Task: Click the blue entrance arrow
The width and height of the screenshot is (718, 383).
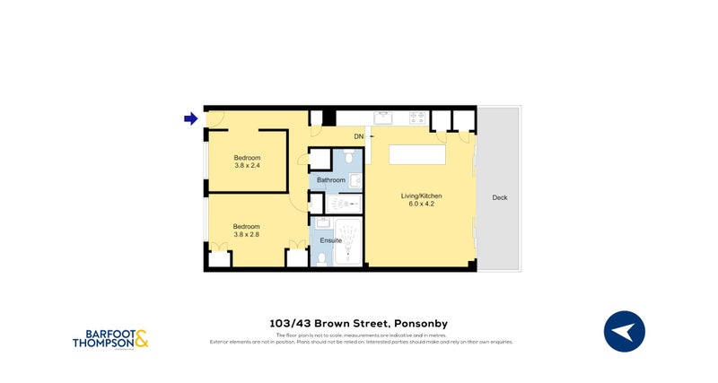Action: pos(190,118)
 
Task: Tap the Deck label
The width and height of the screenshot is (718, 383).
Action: pos(499,197)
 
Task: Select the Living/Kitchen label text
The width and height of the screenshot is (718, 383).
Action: pos(421,196)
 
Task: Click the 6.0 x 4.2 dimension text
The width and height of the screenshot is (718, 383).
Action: pos(421,204)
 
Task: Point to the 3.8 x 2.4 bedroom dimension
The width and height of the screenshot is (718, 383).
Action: pos(247,165)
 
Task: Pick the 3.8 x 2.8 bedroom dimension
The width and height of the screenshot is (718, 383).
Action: pos(247,234)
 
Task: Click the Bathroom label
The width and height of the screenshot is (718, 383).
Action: pos(330,180)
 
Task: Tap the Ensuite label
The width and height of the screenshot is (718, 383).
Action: pos(330,241)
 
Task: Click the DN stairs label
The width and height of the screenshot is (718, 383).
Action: pos(358,136)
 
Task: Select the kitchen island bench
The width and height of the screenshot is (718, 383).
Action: pos(417,155)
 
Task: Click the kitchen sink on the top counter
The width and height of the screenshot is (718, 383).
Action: pos(386,117)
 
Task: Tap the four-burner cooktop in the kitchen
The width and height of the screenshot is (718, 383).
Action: pos(416,117)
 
